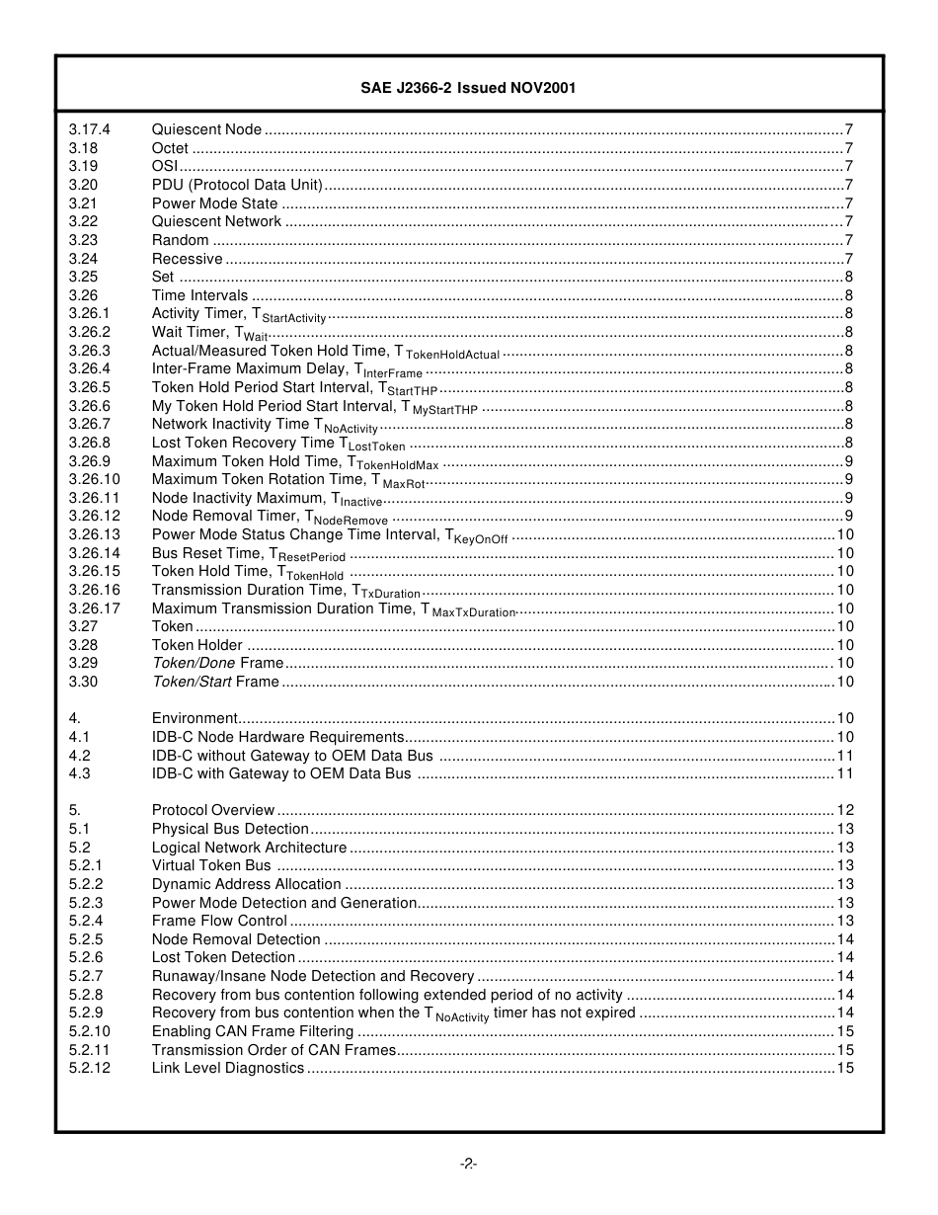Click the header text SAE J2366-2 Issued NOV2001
click(468, 88)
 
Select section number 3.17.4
click(90, 129)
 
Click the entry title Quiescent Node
click(206, 129)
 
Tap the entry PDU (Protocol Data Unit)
click(237, 185)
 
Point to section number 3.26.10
click(94, 479)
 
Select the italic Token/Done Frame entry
click(217, 663)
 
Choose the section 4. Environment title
click(195, 718)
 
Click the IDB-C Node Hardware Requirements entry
click(277, 737)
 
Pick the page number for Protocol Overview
click(845, 810)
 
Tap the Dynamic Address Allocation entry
click(246, 884)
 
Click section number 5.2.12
click(90, 1068)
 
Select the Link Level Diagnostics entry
click(228, 1068)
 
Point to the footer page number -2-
click(468, 1164)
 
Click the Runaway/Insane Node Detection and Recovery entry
click(313, 976)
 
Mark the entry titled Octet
click(170, 148)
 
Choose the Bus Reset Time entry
click(248, 553)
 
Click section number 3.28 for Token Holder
click(83, 645)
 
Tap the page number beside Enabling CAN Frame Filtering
click(845, 1031)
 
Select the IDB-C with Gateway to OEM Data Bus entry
click(281, 773)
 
